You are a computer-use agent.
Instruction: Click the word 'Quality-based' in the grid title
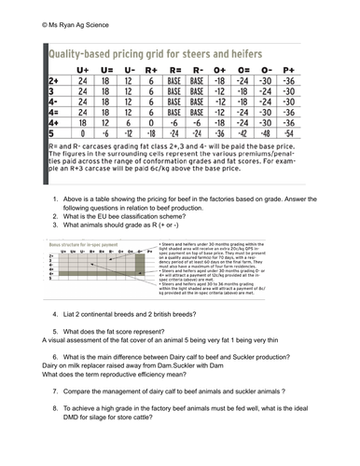tap(81, 54)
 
